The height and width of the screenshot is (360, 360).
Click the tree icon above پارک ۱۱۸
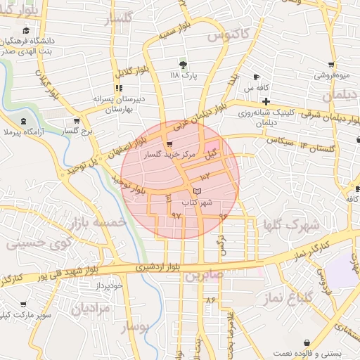(184, 63)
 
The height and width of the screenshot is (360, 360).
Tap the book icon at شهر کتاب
(197, 191)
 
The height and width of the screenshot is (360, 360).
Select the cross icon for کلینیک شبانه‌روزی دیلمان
(266, 101)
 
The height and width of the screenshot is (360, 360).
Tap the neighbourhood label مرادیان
(91, 308)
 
